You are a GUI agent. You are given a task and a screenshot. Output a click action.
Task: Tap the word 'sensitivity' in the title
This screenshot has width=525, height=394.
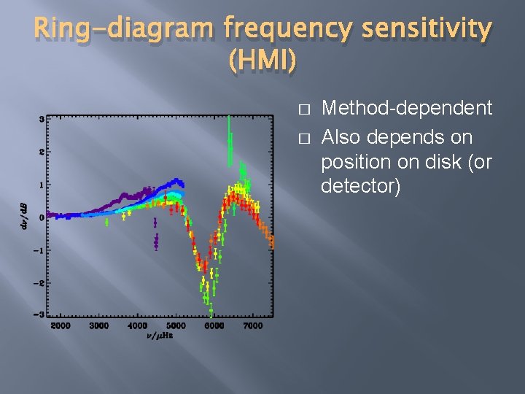[x=432, y=28]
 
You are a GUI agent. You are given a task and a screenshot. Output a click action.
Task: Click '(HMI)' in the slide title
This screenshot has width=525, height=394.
[x=262, y=62]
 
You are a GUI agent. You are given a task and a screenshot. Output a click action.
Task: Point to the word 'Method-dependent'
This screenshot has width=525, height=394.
[x=407, y=109]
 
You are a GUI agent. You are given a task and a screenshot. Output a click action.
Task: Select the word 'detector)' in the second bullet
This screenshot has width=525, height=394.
[x=361, y=187]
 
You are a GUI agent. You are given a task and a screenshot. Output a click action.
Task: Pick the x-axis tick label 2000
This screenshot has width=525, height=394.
[x=61, y=325]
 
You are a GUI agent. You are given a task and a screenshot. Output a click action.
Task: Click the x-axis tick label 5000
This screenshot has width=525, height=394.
[x=176, y=325]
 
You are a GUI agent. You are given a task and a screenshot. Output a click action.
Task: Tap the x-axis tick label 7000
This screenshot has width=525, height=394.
[x=252, y=325]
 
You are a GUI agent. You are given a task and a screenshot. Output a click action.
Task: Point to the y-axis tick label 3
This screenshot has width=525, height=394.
[x=42, y=118]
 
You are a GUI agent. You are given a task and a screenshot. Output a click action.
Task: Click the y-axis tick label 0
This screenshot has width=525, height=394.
[x=42, y=217]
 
